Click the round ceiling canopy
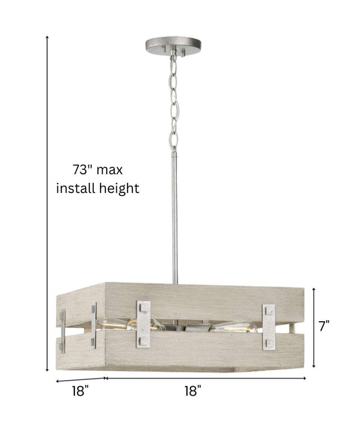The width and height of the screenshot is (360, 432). click(173, 45)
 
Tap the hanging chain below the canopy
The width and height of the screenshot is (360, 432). click(174, 102)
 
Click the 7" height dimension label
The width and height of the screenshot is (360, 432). click(324, 326)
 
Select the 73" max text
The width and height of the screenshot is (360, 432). click(97, 169)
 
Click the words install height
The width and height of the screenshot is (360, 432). click(97, 189)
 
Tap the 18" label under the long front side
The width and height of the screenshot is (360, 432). click(192, 391)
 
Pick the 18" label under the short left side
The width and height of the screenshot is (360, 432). click(80, 391)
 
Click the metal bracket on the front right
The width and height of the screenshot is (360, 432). click(269, 327)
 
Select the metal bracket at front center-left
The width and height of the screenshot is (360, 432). click(144, 324)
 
